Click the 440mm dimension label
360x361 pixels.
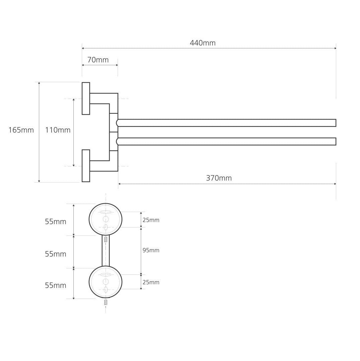pos(203,43)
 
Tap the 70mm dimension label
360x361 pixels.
pos(98,60)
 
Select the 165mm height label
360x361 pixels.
pos(21,130)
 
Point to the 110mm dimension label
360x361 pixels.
pos(58,130)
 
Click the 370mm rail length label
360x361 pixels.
pos(219,178)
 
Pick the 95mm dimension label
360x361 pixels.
pos(151,250)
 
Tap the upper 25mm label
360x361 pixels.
pos(151,220)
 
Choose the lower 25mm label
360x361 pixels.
pos(151,282)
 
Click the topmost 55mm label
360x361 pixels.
pos(55,222)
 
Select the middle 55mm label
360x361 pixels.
pos(55,254)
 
